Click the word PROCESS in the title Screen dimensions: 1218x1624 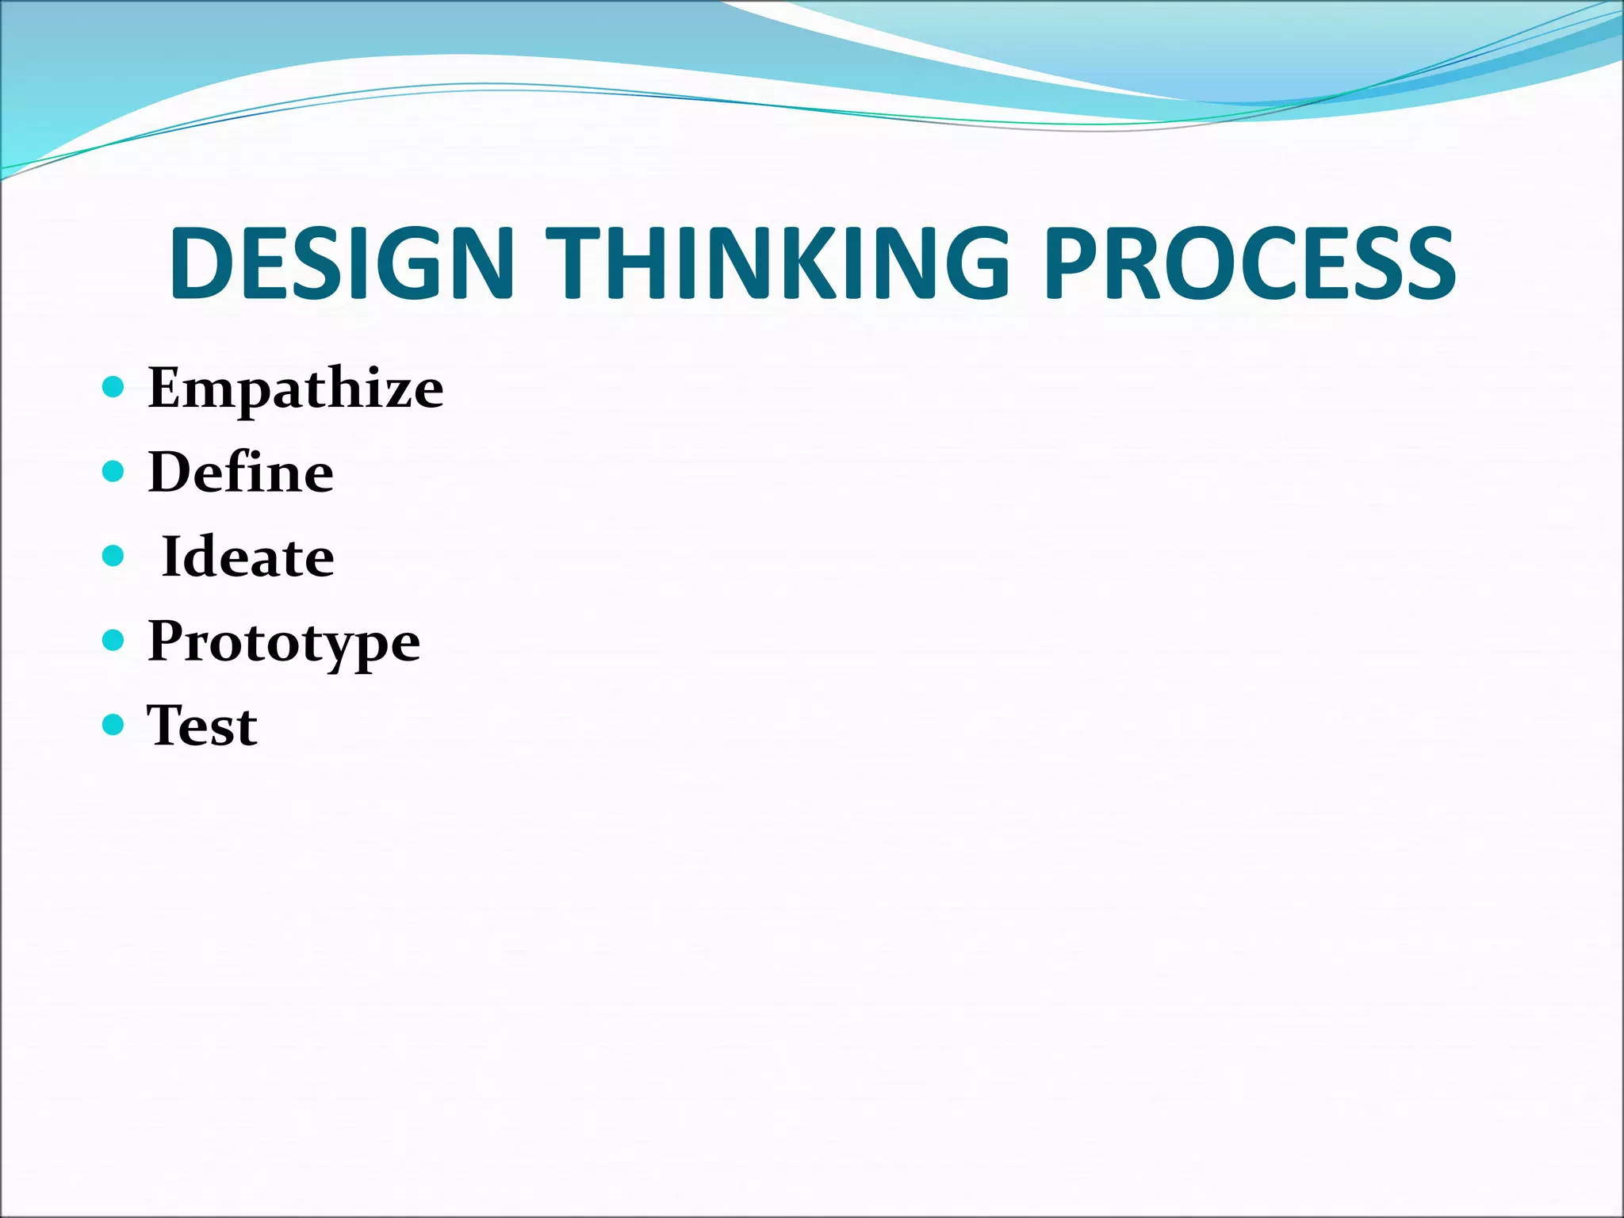(1250, 263)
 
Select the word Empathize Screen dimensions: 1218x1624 (295, 389)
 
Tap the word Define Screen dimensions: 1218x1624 (240, 473)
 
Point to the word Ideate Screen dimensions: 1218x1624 (247, 557)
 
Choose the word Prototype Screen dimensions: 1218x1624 (284, 642)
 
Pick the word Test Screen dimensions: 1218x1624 (202, 726)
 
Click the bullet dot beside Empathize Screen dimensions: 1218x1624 (114, 387)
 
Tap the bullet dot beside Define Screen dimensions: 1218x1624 (114, 472)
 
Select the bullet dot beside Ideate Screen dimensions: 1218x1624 (114, 556)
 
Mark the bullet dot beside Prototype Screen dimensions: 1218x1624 (114, 640)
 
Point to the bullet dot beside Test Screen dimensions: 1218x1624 (114, 724)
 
